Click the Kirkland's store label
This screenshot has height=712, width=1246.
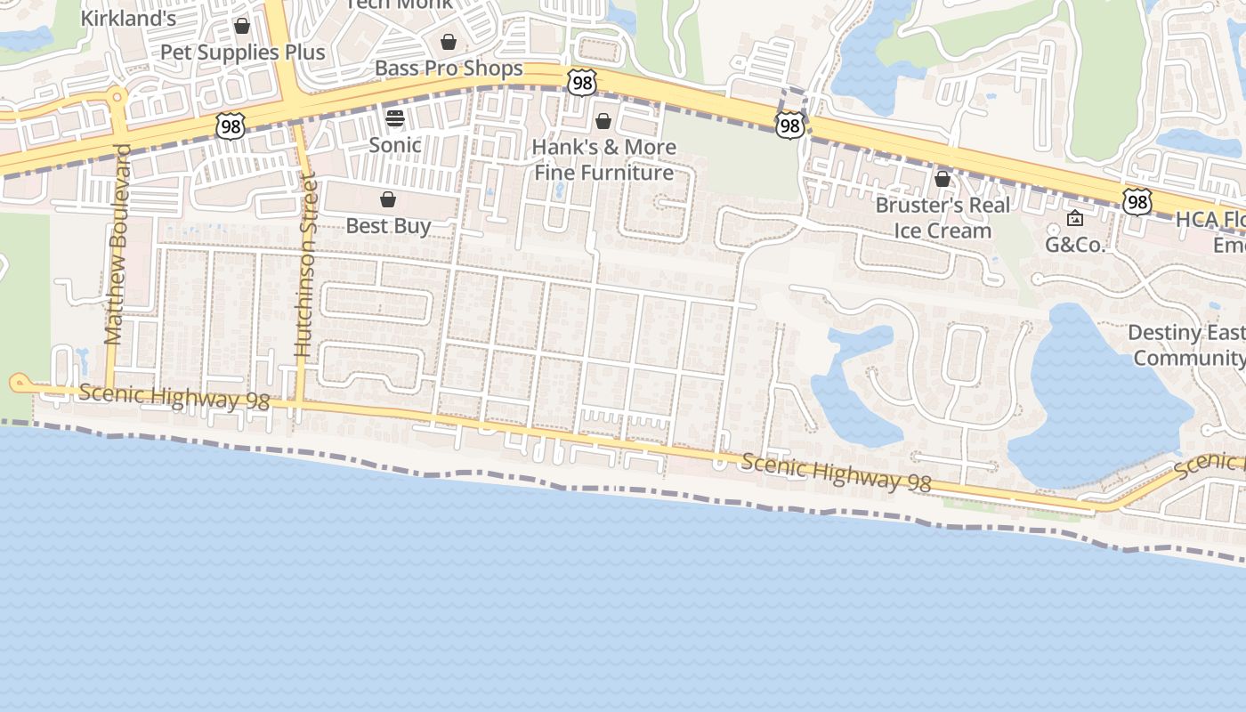(x=128, y=17)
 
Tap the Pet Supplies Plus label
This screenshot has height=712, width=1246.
(x=242, y=52)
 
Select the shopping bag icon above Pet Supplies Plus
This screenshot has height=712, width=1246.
(x=242, y=26)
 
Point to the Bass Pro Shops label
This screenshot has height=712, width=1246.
(x=449, y=68)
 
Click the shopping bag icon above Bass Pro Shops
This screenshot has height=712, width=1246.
(x=449, y=42)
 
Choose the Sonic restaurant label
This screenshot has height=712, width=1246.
(x=395, y=144)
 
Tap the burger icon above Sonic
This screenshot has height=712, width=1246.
(x=395, y=117)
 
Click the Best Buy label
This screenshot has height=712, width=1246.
(x=388, y=226)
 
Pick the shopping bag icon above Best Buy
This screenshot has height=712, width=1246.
(x=388, y=199)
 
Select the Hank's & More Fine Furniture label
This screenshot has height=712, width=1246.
(x=604, y=159)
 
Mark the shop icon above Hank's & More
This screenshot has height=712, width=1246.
(x=603, y=121)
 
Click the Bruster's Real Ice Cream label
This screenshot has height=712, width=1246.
(x=943, y=218)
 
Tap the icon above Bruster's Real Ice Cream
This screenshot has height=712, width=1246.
(x=943, y=180)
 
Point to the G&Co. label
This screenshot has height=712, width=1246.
(x=1075, y=245)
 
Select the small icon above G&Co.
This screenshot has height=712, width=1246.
(x=1075, y=218)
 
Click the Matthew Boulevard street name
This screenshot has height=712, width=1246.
(x=116, y=244)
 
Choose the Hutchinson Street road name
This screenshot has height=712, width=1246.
(x=305, y=265)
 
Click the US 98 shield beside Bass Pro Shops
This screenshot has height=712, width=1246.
(x=581, y=83)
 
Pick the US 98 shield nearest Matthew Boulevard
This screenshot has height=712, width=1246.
(x=230, y=126)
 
